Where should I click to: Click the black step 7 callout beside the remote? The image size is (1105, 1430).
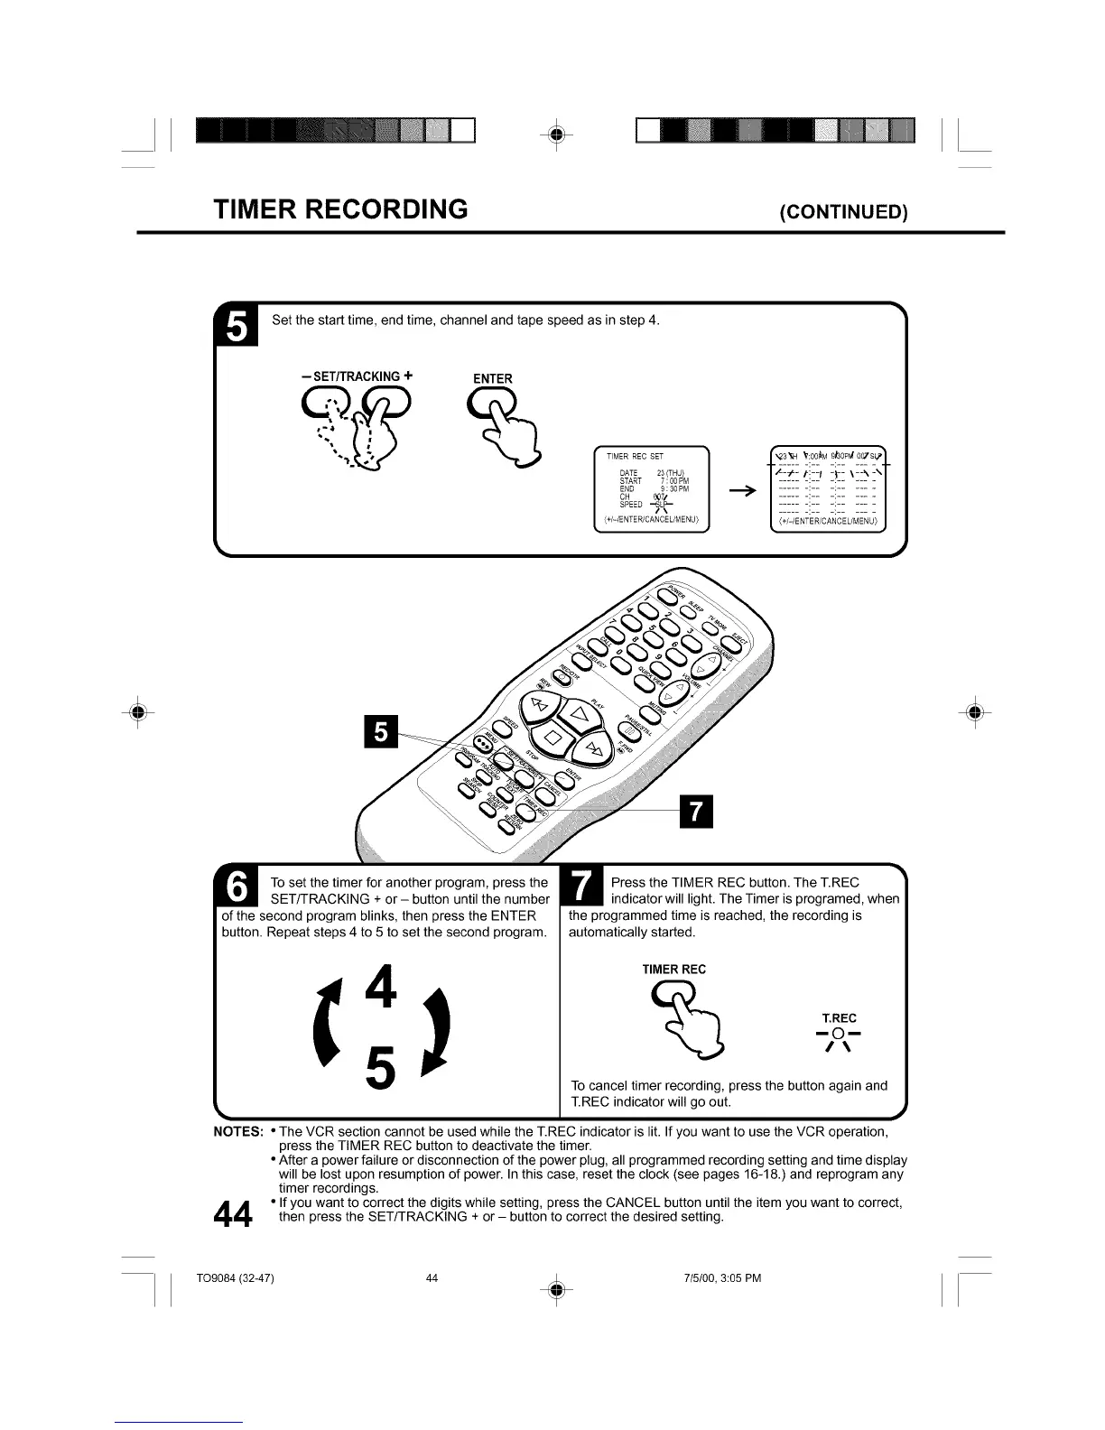[695, 812]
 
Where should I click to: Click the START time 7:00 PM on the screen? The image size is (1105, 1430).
[674, 481]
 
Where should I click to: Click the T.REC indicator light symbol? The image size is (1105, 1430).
[839, 1035]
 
